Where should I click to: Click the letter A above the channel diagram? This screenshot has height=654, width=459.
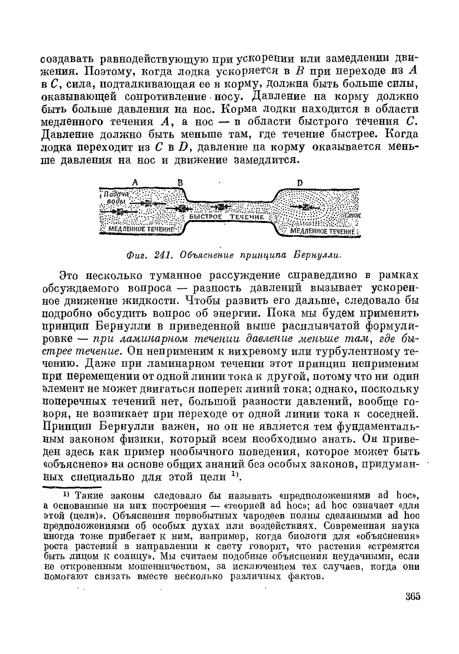pyautogui.click(x=135, y=183)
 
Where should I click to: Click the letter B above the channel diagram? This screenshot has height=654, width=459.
pyautogui.click(x=181, y=183)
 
